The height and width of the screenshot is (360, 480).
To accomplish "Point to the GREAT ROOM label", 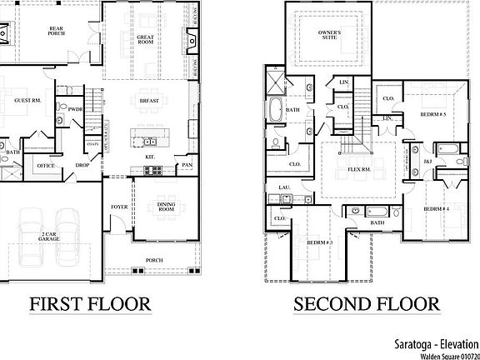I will (x=150, y=40).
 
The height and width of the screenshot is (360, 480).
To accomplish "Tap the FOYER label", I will (x=119, y=207).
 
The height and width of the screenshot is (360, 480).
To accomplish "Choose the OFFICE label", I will (x=46, y=166).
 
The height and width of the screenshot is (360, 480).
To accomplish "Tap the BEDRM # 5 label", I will (x=433, y=113).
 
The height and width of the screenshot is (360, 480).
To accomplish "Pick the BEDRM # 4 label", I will (x=436, y=209).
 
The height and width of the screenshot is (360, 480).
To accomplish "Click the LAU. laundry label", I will (x=283, y=187).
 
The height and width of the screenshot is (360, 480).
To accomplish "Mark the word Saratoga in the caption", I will (x=412, y=342).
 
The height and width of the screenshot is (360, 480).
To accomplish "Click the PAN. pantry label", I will (x=188, y=166).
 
